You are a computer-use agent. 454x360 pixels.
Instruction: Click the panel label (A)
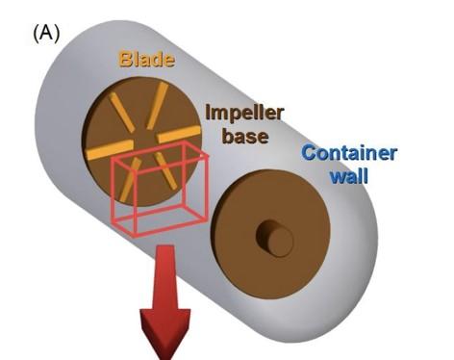(45, 32)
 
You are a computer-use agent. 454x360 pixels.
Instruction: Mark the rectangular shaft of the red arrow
(164, 279)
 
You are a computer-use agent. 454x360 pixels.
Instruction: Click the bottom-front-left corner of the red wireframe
(133, 233)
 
